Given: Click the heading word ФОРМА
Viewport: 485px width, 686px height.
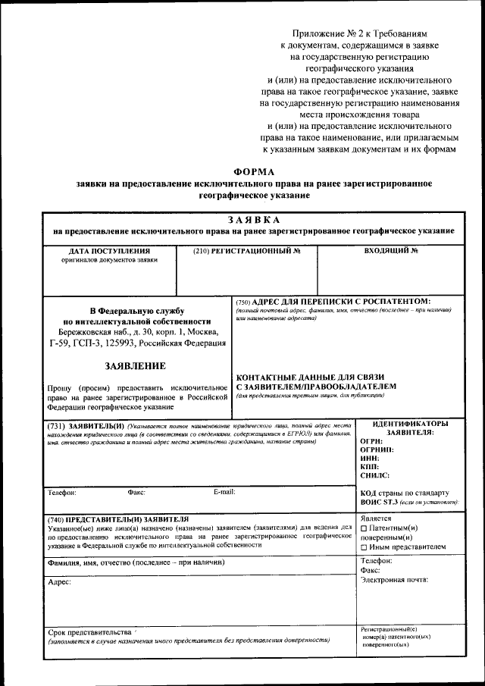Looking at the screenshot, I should pos(254,171).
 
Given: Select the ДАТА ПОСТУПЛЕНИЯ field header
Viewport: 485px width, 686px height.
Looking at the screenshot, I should pos(109,250).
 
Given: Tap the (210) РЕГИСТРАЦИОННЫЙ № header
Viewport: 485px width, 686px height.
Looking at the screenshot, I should pos(247,250).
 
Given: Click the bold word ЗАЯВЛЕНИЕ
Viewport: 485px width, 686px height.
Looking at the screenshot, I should pos(136,366).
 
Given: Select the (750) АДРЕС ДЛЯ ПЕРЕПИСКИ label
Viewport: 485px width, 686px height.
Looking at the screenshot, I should pos(333,301).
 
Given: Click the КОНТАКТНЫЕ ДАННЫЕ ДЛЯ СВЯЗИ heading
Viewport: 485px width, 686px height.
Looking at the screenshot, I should pos(311,377).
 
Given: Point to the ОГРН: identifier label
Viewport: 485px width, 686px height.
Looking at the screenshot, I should pos(371,441).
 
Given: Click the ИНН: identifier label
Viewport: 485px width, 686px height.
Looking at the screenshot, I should pos(370,458).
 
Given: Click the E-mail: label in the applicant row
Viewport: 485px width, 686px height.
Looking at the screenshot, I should pos(224,492).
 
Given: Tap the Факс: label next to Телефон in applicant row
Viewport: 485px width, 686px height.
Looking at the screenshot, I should pos(136,492).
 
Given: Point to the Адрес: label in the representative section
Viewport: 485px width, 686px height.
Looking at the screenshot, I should pos(59,581).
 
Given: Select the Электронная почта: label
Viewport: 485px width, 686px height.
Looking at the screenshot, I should pos(394,580).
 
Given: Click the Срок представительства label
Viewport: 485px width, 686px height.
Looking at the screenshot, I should pos(89,631).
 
